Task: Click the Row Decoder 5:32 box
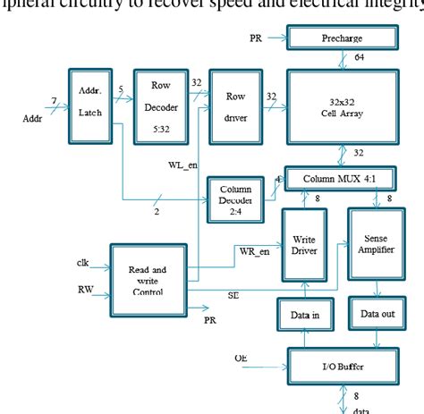160,106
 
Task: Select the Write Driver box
307,248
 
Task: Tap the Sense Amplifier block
376,248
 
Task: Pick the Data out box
376,314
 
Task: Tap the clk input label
82,262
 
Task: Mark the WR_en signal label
254,251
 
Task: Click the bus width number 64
360,56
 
